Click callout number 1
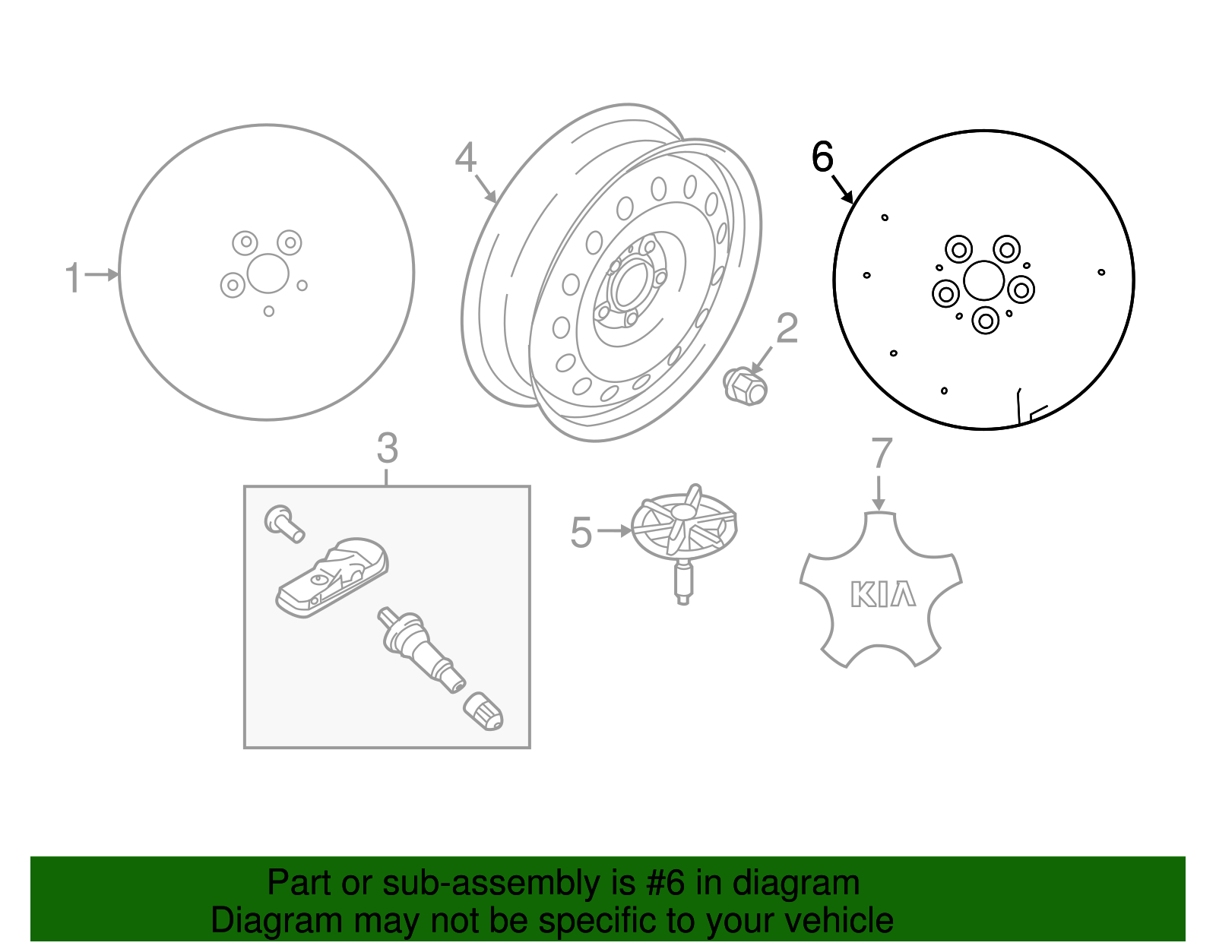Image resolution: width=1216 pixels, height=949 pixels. point(73,277)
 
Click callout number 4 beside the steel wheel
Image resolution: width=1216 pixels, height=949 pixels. point(465,158)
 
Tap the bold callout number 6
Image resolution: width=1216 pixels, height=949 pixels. point(822,157)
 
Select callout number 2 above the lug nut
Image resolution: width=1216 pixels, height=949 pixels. point(787,328)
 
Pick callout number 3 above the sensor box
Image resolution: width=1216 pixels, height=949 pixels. point(387,448)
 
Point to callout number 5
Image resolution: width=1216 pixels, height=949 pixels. point(581,532)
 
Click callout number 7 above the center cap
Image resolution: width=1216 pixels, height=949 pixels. point(881,454)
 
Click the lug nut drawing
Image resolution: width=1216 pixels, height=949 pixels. point(745,385)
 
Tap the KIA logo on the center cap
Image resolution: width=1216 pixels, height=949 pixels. point(882,594)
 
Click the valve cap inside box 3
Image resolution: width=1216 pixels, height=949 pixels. point(483,711)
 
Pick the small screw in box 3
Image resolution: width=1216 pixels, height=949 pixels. point(283,522)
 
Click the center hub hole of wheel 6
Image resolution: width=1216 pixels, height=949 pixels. point(983,280)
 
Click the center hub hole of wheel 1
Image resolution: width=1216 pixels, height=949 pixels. point(268,274)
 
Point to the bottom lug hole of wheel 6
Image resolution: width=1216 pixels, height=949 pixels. point(986,321)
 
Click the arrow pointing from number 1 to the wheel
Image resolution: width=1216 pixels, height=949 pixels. point(102,274)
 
